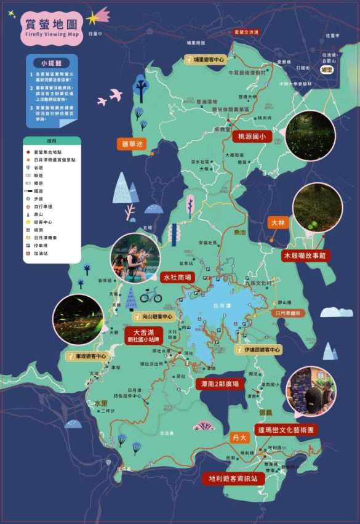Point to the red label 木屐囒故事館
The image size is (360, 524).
point(304,255)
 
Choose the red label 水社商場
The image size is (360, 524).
point(177,277)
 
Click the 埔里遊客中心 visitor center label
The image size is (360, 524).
point(206,60)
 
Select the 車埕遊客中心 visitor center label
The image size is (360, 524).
point(87,356)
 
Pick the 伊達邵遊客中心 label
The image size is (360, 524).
point(258,350)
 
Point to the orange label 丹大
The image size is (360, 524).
point(239,437)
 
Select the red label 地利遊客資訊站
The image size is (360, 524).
point(233,478)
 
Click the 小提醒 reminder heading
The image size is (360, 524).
point(52,63)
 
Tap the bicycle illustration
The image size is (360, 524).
point(151,296)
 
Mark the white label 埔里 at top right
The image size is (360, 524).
point(326,70)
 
